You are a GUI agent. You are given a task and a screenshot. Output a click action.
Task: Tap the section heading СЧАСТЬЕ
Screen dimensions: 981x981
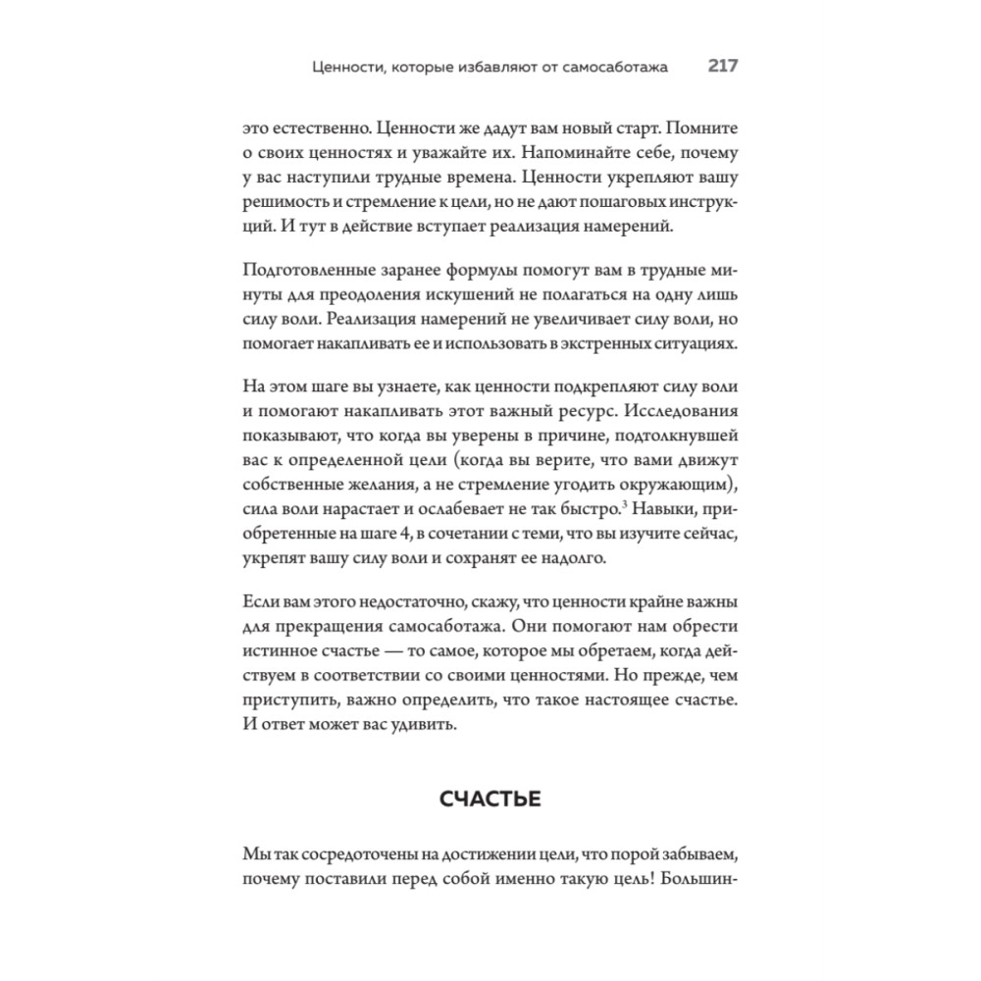490,800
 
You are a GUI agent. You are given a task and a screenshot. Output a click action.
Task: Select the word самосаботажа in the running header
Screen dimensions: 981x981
612,68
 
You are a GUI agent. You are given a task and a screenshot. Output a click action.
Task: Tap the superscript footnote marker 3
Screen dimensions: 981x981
625,504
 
